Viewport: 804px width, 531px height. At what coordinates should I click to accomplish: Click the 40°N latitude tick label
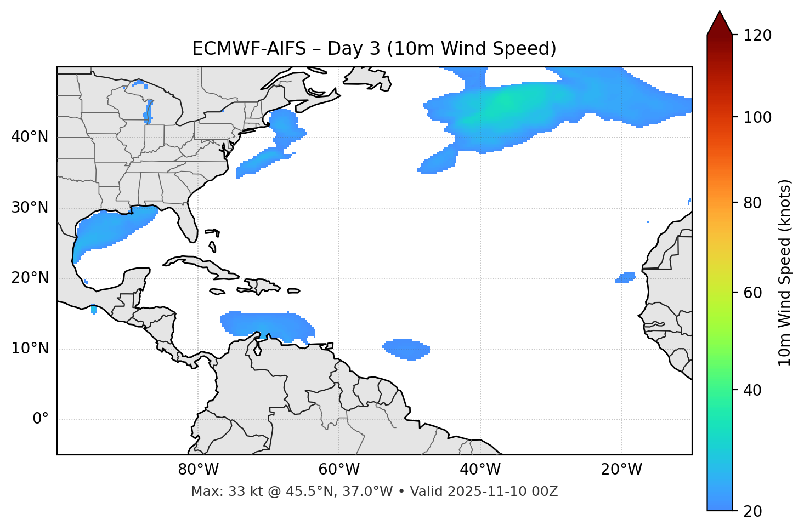click(x=30, y=137)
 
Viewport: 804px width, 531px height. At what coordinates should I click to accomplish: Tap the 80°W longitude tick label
click(x=198, y=470)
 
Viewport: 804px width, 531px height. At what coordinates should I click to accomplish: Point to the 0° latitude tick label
click(x=41, y=419)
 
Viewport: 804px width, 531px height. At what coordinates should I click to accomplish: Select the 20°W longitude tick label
click(x=621, y=470)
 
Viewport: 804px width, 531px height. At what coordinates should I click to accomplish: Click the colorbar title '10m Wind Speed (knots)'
click(x=785, y=272)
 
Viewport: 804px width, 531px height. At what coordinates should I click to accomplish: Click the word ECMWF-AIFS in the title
click(x=249, y=49)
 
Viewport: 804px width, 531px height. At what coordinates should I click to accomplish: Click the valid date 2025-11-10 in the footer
click(x=491, y=492)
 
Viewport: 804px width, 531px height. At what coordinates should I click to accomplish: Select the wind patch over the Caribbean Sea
click(x=263, y=324)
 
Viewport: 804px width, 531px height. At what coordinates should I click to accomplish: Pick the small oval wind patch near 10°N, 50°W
click(x=406, y=349)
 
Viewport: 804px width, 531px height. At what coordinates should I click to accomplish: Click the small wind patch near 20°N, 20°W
click(x=625, y=278)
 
